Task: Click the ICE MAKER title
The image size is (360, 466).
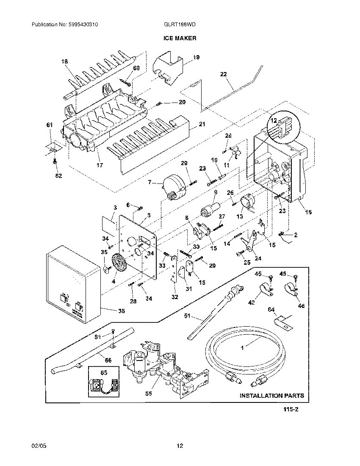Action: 180,38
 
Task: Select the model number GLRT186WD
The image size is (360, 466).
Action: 180,25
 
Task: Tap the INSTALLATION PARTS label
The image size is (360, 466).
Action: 271,396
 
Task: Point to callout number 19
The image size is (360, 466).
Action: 196,57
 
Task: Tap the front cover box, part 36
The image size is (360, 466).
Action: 74,286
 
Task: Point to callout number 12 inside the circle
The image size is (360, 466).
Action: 274,120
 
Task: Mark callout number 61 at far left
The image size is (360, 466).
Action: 50,125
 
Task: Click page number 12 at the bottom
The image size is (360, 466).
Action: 180,445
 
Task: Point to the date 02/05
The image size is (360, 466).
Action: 38,445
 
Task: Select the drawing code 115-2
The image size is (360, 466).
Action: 291,410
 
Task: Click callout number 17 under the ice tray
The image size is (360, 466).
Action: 100,165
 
